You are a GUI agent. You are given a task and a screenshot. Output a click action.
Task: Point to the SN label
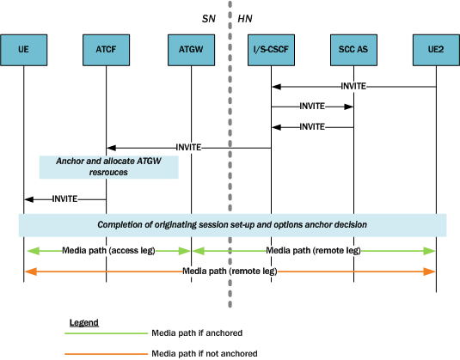(207, 16)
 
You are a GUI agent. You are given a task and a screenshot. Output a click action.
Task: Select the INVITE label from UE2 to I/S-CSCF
(353, 86)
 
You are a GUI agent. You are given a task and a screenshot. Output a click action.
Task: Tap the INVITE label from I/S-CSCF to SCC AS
(312, 107)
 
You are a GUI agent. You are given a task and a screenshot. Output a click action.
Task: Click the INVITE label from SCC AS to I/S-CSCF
(312, 127)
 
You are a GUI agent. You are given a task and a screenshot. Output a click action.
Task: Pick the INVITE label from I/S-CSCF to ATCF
(188, 148)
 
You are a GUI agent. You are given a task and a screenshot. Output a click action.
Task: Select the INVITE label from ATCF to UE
(64, 198)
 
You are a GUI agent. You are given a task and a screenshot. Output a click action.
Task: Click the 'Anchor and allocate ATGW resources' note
(108, 167)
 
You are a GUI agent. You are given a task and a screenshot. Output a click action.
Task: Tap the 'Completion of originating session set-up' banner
(232, 224)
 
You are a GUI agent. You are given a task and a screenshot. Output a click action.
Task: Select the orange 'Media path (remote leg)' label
(229, 271)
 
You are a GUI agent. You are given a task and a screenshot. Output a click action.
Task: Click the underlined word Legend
(83, 322)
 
